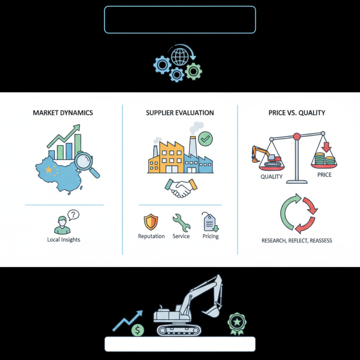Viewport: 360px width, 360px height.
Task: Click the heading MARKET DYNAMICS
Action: pyautogui.click(x=63, y=113)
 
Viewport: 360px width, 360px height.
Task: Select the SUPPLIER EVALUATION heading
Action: pyautogui.click(x=180, y=113)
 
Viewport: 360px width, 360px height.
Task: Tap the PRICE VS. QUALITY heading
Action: pyautogui.click(x=297, y=113)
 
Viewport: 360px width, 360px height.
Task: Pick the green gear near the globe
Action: pyautogui.click(x=193, y=72)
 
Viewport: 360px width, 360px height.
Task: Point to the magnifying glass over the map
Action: pyautogui.click(x=87, y=164)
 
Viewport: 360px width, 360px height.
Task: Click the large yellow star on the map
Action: pyautogui.click(x=49, y=170)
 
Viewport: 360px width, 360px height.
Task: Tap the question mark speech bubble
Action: pyautogui.click(x=73, y=215)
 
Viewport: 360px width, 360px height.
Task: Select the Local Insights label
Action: pyautogui.click(x=63, y=239)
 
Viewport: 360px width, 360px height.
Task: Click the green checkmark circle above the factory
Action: pyautogui.click(x=205, y=139)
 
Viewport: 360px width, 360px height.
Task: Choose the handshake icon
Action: pyautogui.click(x=181, y=188)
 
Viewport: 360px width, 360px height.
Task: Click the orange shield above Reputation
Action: pyautogui.click(x=151, y=222)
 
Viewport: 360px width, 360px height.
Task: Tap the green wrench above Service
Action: pyautogui.click(x=181, y=222)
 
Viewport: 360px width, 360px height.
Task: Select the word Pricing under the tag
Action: pyautogui.click(x=211, y=236)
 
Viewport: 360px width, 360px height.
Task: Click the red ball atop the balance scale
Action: pyautogui.click(x=297, y=137)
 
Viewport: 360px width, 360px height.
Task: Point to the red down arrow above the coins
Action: pyautogui.click(x=326, y=147)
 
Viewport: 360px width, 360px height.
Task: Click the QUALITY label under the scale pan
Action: pyautogui.click(x=271, y=176)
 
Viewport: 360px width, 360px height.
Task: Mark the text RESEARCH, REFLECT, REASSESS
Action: pyautogui.click(x=297, y=241)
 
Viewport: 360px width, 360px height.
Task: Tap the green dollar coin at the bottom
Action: pyautogui.click(x=138, y=330)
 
